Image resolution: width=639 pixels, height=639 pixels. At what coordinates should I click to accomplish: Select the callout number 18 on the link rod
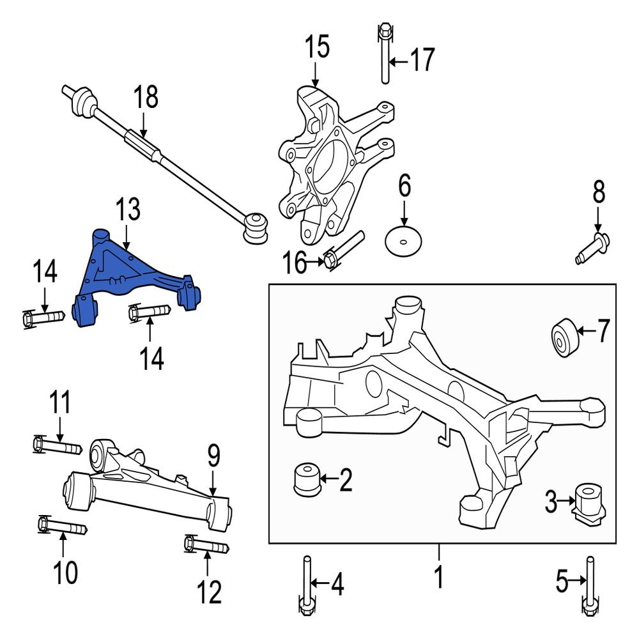point(145,99)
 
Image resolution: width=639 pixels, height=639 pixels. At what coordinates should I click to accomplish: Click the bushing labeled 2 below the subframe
point(306,479)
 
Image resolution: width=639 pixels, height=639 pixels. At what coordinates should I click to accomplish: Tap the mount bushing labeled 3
point(588,502)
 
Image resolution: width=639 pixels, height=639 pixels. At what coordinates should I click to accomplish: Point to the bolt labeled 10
point(61,527)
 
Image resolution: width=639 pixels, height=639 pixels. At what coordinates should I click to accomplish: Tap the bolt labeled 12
point(207,547)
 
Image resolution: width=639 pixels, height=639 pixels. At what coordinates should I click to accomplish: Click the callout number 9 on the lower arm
point(213,456)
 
